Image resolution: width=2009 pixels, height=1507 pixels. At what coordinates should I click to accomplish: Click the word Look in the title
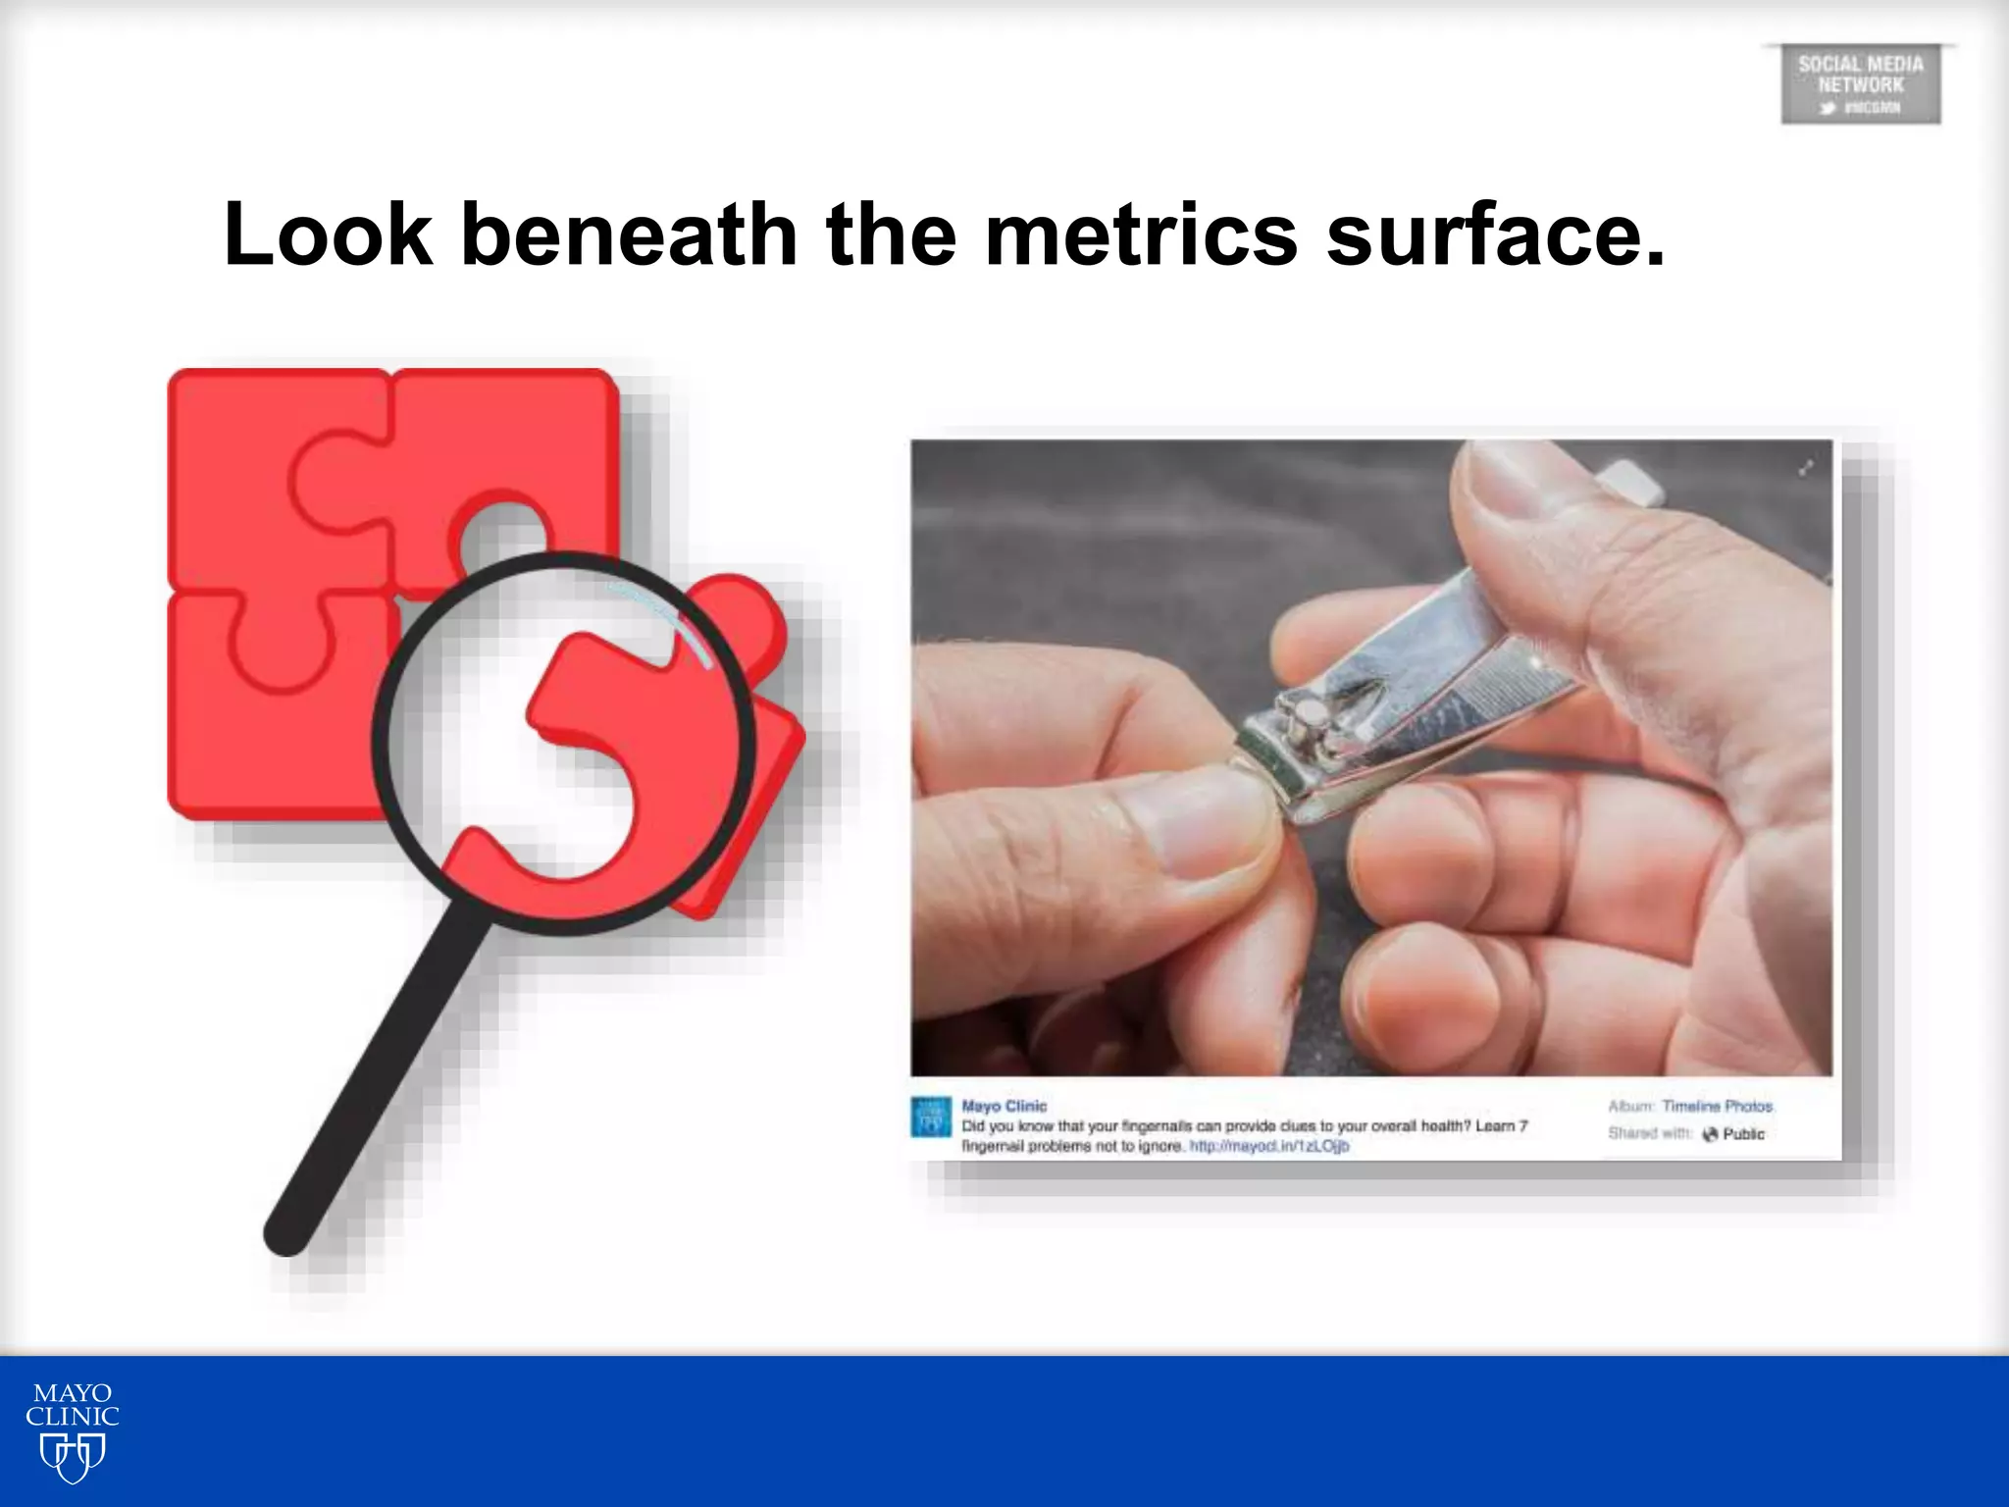[x=328, y=234]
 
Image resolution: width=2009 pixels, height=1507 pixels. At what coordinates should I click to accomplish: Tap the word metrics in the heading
[x=1140, y=234]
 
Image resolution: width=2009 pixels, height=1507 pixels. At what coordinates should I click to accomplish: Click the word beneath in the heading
[x=628, y=234]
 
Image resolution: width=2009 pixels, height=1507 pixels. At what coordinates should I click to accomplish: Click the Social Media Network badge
[x=1860, y=84]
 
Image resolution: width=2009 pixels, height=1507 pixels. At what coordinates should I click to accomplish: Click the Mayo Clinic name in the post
[x=1004, y=1106]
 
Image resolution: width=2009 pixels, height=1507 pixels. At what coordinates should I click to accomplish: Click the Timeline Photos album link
[x=1717, y=1107]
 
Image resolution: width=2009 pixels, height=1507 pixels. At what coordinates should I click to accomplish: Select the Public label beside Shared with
[x=1743, y=1134]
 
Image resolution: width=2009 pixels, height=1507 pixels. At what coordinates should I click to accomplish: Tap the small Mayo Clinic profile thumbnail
[x=930, y=1117]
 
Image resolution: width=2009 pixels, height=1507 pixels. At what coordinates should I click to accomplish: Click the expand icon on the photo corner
[x=1805, y=469]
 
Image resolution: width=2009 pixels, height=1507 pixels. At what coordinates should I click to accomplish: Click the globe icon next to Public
[x=1710, y=1134]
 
